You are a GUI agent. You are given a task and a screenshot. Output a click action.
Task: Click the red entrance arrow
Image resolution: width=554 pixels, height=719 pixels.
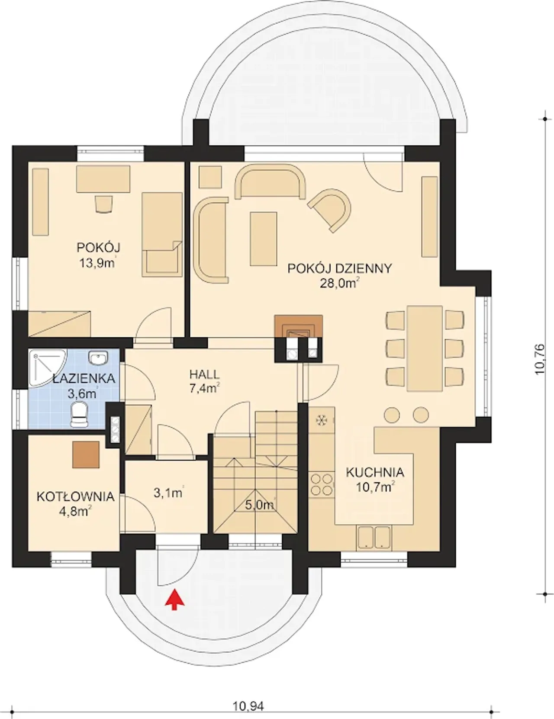pyautogui.click(x=175, y=599)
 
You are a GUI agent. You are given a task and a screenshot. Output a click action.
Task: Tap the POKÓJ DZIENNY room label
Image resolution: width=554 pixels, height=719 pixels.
pyautogui.click(x=340, y=268)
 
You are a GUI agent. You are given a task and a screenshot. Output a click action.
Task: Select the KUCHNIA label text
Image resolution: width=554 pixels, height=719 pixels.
pyautogui.click(x=375, y=473)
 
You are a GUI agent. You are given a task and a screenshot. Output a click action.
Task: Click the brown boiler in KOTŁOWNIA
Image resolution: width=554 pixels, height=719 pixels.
pyautogui.click(x=86, y=454)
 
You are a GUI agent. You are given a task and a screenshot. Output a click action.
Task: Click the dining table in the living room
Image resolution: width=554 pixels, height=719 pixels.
pyautogui.click(x=425, y=348)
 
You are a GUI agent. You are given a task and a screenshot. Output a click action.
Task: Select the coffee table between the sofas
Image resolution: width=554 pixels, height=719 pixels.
pyautogui.click(x=263, y=239)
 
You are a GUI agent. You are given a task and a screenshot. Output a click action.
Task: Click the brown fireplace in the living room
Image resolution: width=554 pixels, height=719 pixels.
pyautogui.click(x=298, y=326)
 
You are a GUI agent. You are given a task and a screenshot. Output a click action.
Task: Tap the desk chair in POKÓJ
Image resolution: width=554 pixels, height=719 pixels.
pyautogui.click(x=103, y=203)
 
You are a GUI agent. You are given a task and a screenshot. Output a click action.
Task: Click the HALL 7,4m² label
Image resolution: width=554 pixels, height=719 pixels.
pyautogui.click(x=205, y=381)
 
